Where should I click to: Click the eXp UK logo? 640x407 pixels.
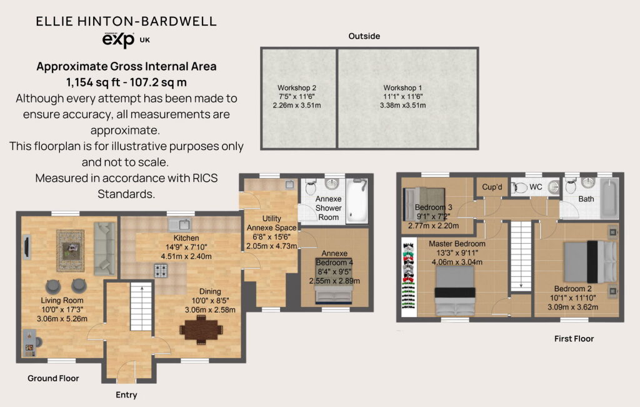tap(126, 39)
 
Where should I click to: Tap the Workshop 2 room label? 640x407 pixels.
tap(297, 88)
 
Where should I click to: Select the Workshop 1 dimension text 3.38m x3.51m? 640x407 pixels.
tap(403, 105)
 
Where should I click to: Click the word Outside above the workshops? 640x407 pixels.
tap(364, 36)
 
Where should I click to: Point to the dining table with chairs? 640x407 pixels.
tap(202, 329)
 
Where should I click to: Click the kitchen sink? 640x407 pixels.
tap(179, 224)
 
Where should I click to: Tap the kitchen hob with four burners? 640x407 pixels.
tap(161, 271)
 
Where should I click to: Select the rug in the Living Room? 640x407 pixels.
tap(70, 251)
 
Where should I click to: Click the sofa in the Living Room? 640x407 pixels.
tap(104, 248)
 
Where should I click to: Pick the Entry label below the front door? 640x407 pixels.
tap(126, 394)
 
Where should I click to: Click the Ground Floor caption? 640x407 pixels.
tap(53, 378)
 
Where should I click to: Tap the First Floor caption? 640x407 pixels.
tap(574, 338)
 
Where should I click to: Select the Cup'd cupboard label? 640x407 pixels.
tap(492, 187)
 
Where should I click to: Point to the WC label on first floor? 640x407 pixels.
tap(536, 187)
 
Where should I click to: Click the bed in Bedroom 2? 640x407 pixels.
tap(590, 262)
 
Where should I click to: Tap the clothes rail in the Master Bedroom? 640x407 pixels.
tap(409, 277)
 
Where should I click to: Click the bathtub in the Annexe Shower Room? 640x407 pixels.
tap(357, 201)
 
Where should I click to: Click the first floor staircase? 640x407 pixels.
tap(521, 256)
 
